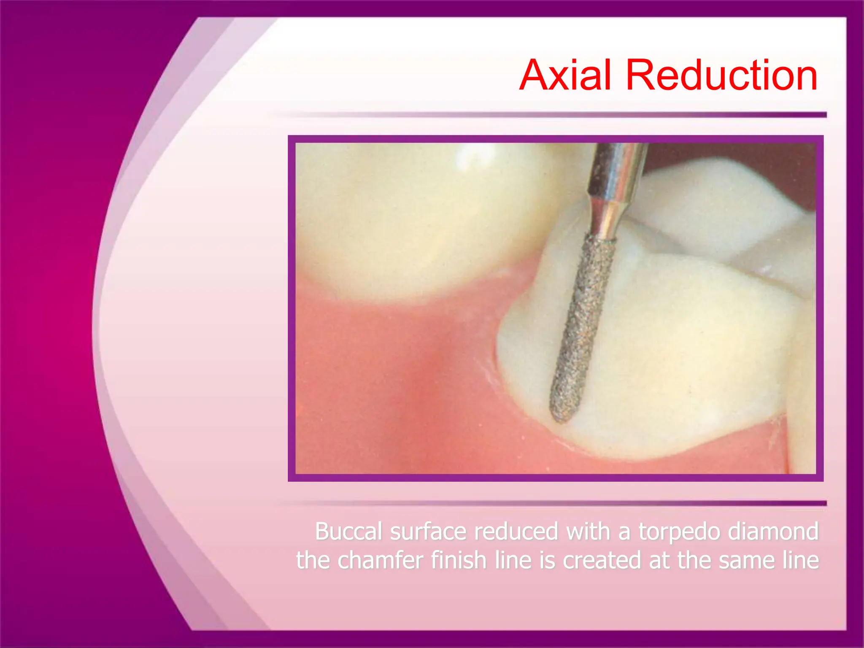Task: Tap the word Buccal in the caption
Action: pos(348,531)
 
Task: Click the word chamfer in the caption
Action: pos(380,561)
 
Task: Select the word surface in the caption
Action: pos(428,531)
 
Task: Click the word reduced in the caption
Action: pos(516,531)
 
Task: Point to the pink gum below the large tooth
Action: pos(380,380)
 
